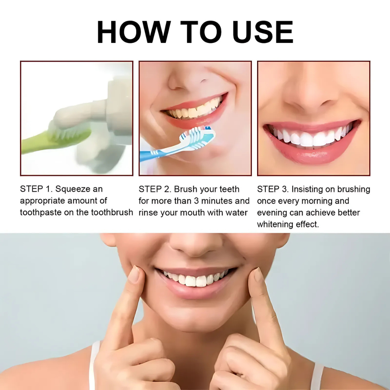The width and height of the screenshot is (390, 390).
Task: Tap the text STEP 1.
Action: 36,189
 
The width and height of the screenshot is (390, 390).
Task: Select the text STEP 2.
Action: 155,189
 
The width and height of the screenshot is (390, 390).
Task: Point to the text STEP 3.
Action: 273,189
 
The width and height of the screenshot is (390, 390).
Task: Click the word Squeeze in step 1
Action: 73,189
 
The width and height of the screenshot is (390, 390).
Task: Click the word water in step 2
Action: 237,213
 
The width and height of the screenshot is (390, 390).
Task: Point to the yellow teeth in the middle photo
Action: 195,110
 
